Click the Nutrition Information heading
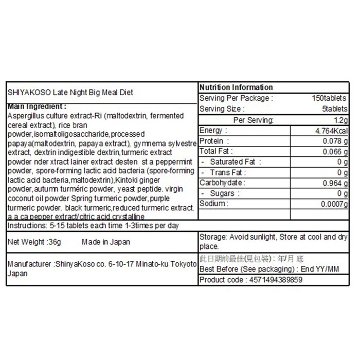[236, 87]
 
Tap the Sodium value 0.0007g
[334, 204]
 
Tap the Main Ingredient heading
[35, 106]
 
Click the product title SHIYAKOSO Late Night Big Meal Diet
[70, 93]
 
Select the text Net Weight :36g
[32, 242]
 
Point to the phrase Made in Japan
[106, 242]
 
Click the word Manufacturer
[29, 264]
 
